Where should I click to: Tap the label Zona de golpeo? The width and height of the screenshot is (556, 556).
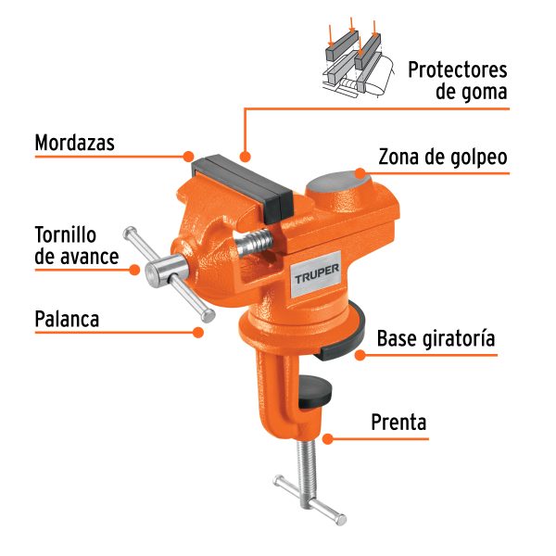pyautogui.click(x=443, y=157)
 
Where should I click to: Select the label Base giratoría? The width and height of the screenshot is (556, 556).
pyautogui.click(x=436, y=339)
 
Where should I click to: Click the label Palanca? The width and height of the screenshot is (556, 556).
pyautogui.click(x=67, y=319)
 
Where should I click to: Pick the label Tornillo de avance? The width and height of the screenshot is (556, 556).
pyautogui.click(x=78, y=245)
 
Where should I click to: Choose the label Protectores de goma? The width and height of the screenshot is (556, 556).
pyautogui.click(x=458, y=81)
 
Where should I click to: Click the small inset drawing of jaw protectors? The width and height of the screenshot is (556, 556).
pyautogui.click(x=352, y=60)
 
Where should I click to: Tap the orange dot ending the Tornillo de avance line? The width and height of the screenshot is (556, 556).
pyautogui.click(x=134, y=270)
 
